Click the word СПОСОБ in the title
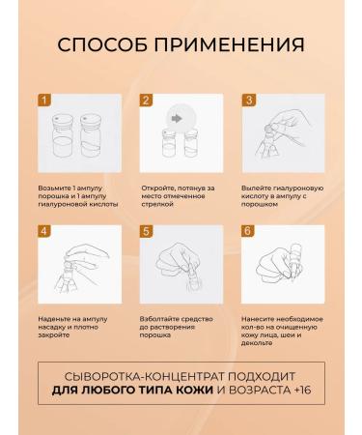(102, 44)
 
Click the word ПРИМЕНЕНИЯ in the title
(230, 44)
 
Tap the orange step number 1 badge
(44, 100)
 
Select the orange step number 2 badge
(146, 100)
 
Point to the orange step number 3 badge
(249, 100)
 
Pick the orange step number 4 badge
(44, 231)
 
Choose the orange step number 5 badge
(146, 231)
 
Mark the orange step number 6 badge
(248, 231)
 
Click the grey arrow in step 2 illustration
(177, 119)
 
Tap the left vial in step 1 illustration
(63, 135)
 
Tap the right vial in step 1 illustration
(91, 135)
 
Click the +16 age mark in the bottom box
(302, 390)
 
